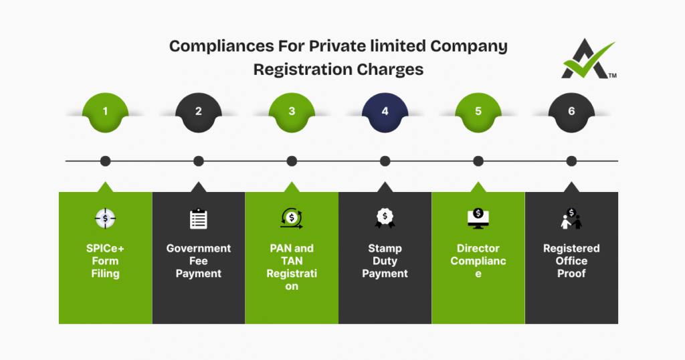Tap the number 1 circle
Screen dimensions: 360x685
pos(105,112)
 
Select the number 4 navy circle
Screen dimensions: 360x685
pos(385,112)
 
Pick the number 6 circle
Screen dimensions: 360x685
pos(571,112)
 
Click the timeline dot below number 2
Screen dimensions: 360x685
pos(199,161)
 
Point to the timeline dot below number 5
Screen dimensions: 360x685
pos(478,161)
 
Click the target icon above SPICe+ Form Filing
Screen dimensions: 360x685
pos(105,218)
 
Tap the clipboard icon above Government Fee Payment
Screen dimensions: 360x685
pos(199,218)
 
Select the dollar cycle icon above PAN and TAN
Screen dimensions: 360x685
pos(292,217)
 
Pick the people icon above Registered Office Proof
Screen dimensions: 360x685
pos(571,219)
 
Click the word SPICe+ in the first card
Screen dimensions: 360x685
pos(105,248)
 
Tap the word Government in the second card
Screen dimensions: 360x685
pos(199,248)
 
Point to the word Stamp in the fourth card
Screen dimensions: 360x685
pos(385,248)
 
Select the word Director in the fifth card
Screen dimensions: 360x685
pos(478,248)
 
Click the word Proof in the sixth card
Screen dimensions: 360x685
pos(571,274)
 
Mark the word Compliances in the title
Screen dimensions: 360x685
pos(209,47)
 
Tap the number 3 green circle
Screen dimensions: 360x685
pos(292,112)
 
